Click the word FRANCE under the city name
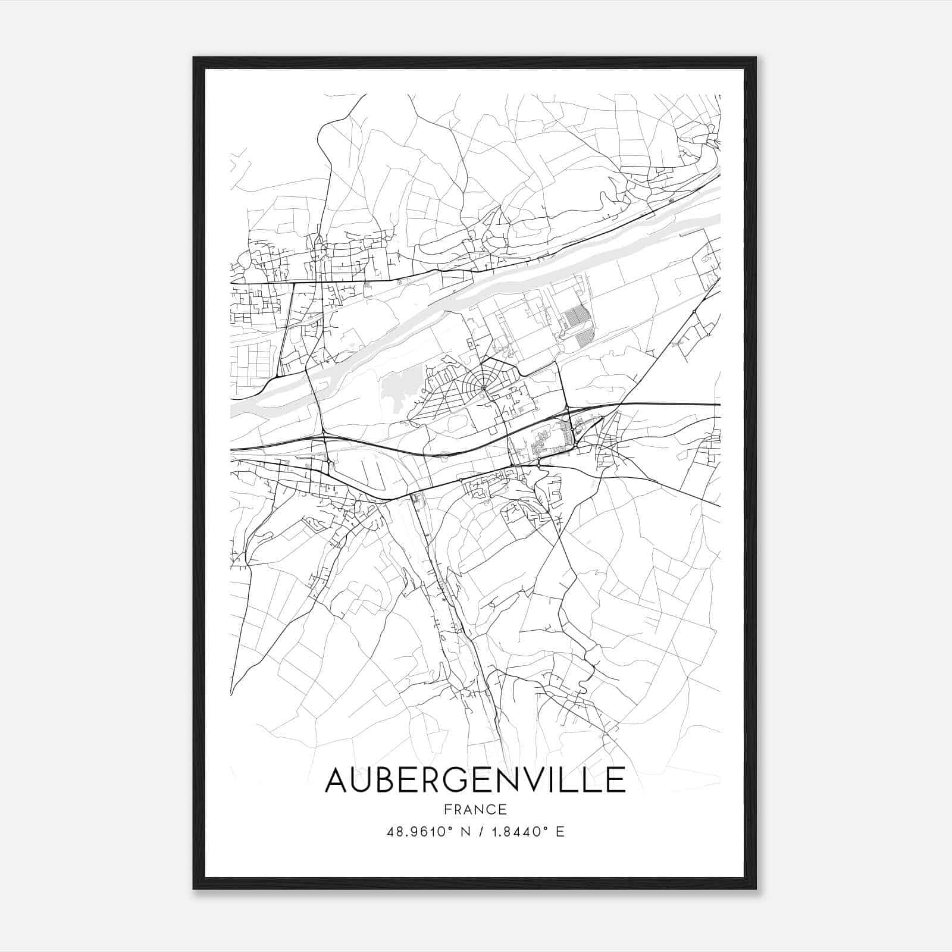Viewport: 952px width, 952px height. [475, 809]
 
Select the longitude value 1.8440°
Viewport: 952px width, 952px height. [518, 832]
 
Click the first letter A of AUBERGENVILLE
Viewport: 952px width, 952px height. [338, 780]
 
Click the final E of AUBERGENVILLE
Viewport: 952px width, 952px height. [617, 780]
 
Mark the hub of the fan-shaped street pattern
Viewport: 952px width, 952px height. [484, 389]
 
